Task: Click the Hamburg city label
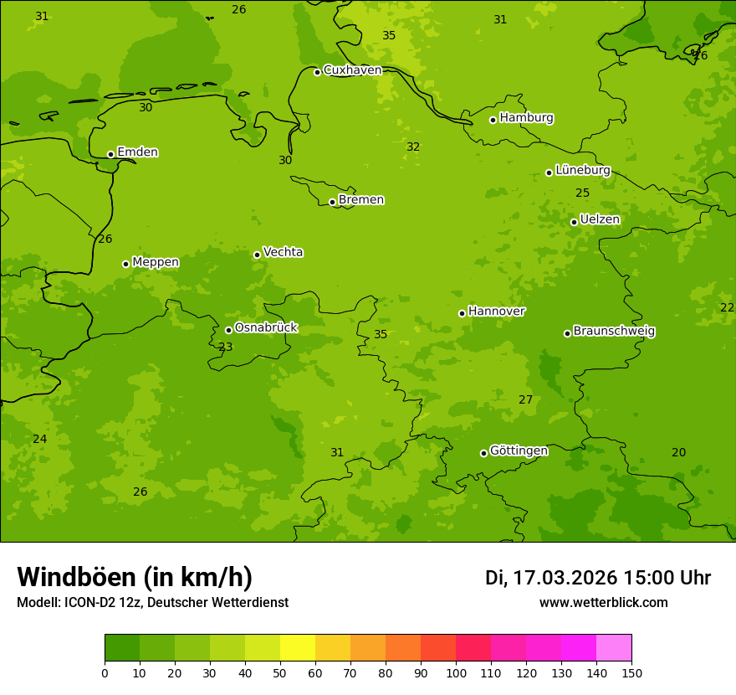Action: coord(526,118)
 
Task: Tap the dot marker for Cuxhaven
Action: coord(317,72)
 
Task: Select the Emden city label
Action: coord(137,152)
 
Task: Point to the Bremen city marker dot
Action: coord(332,202)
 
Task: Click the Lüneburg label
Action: coord(582,170)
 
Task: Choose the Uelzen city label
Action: coord(600,219)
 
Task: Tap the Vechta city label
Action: coord(283,252)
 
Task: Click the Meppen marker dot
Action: coord(125,264)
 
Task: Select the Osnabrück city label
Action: coord(266,327)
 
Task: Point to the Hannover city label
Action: coord(496,311)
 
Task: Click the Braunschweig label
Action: coord(614,332)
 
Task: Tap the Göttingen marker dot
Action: coord(483,453)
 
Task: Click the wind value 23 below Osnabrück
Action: coord(226,347)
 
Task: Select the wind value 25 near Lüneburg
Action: coord(582,193)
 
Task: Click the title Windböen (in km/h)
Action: coord(135,577)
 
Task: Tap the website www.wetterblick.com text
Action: coord(603,603)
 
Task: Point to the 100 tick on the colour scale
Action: coord(456,672)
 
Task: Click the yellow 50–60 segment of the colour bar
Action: coord(298,648)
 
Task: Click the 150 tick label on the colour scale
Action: coord(631,672)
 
